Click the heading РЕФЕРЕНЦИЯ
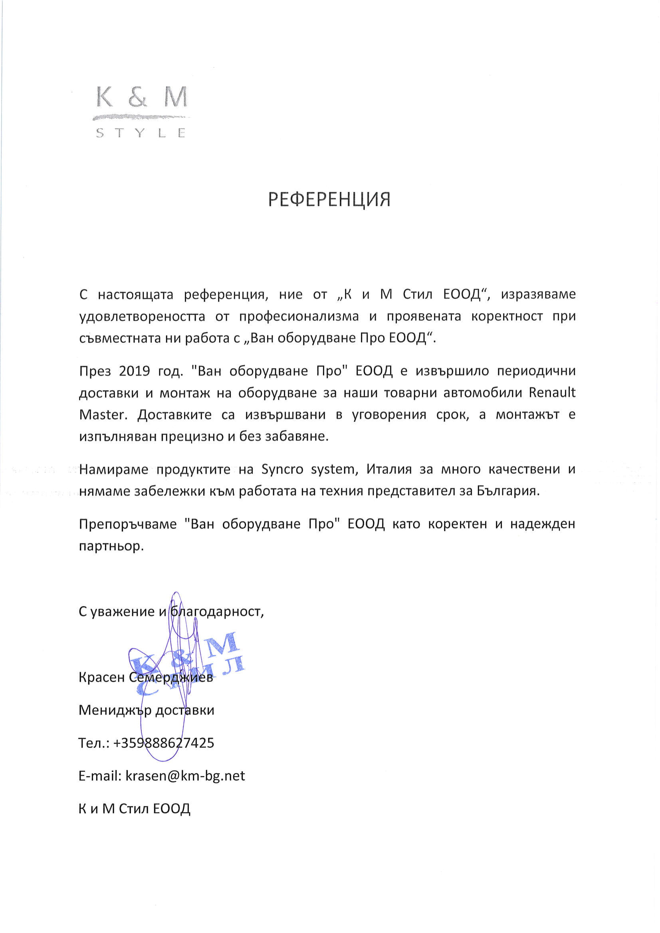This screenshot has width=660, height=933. (329, 200)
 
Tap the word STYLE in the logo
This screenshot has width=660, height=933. (141, 133)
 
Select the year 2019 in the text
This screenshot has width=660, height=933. (135, 371)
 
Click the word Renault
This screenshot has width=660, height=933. (552, 393)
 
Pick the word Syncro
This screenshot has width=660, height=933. (282, 470)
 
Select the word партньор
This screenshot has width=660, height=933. (111, 546)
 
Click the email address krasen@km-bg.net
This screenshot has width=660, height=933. (185, 776)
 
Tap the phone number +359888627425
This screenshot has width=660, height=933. (164, 743)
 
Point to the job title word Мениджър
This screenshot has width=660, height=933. (115, 710)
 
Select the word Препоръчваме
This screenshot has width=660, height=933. (128, 524)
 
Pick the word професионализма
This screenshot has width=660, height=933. (299, 317)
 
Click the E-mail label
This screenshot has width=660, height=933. (99, 776)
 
